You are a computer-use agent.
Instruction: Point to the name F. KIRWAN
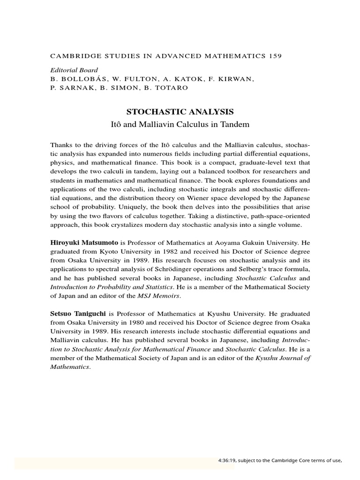point(235,79)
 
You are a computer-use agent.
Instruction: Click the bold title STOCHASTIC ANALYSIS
point(180,112)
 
